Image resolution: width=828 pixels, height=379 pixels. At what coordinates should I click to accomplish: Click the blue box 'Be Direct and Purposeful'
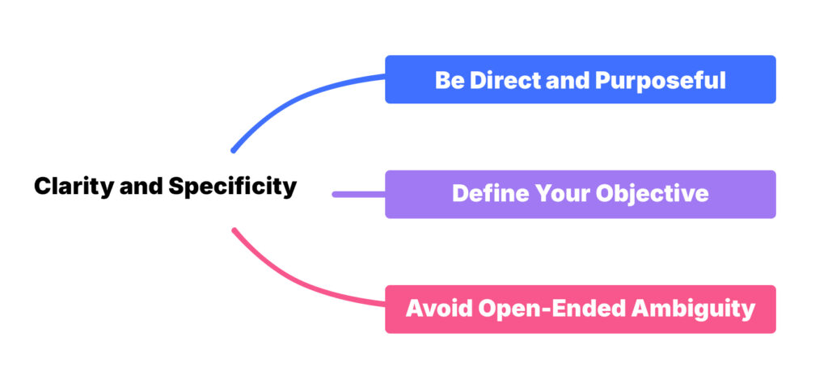click(x=580, y=79)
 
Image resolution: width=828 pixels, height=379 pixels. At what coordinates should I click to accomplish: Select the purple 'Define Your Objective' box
click(x=580, y=194)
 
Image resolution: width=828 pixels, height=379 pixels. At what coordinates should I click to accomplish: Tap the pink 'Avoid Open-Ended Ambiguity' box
click(x=580, y=309)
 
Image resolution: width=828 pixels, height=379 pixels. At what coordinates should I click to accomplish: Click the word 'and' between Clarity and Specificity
click(x=142, y=187)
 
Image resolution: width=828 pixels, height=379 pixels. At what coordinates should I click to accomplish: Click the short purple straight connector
click(x=359, y=194)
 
